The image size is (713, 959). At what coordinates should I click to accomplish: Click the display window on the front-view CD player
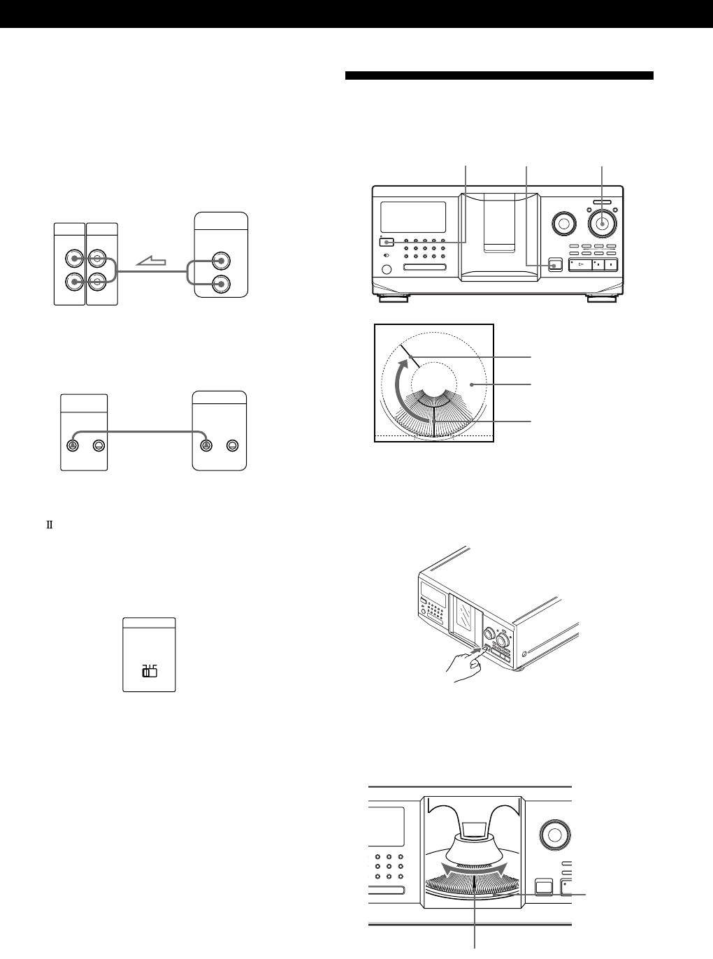coord(413,217)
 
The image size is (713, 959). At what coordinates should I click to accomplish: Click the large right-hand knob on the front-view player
coord(600,223)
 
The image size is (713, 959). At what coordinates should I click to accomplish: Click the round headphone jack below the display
coord(388,270)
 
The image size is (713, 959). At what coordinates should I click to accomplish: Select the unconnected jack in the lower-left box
coord(98,445)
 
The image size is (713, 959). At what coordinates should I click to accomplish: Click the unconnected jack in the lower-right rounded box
coord(231,445)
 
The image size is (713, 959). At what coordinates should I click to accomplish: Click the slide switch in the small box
coord(149,672)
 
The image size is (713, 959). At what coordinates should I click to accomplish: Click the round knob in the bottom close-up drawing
coord(552,835)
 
